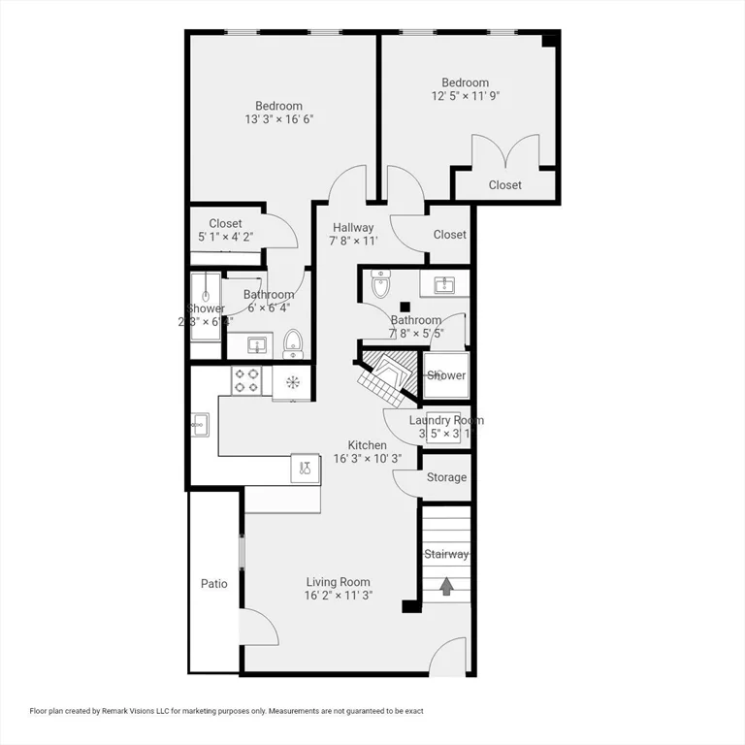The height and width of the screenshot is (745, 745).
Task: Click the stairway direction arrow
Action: click(x=446, y=586)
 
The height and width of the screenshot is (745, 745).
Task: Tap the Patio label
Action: click(x=213, y=584)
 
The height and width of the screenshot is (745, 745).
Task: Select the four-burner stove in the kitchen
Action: click(x=246, y=379)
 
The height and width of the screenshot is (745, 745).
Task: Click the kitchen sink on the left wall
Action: click(x=200, y=422)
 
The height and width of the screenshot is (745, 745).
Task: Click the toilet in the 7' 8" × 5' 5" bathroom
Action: click(x=380, y=285)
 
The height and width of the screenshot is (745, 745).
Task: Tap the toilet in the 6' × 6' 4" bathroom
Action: click(x=292, y=343)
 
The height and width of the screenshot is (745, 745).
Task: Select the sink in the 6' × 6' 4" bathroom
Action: click(x=257, y=344)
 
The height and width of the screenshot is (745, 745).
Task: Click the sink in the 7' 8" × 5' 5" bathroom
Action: click(x=445, y=283)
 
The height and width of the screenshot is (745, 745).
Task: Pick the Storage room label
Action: click(x=446, y=477)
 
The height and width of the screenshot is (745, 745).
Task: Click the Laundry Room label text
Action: click(x=445, y=420)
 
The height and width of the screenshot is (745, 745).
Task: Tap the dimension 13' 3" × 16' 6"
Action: click(x=278, y=119)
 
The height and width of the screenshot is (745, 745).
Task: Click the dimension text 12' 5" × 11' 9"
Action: click(x=465, y=96)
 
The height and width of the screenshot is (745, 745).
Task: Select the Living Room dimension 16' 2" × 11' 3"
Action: click(x=338, y=596)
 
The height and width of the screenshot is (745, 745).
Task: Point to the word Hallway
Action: click(x=352, y=228)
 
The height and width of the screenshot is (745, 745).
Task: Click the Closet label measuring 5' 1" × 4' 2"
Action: click(x=225, y=224)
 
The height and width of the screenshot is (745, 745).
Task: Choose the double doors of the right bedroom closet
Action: click(x=504, y=152)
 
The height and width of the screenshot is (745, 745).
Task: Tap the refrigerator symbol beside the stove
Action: click(x=291, y=379)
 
